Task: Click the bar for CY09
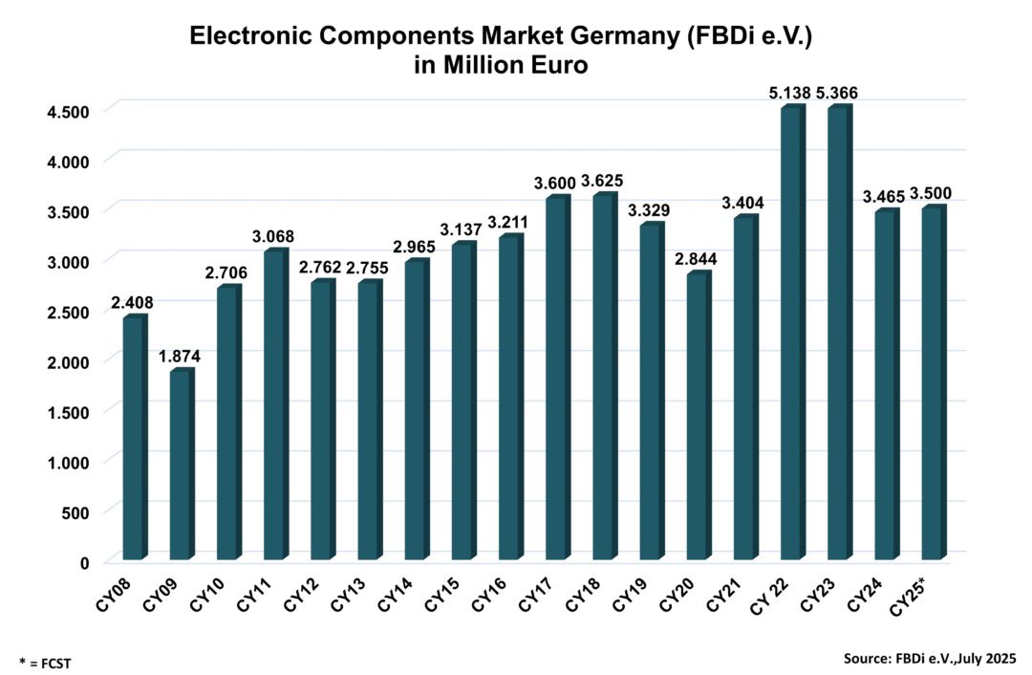pos(180,465)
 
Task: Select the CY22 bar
pos(791,334)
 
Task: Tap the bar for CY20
pos(698,416)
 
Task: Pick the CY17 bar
pos(556,379)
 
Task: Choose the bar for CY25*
pos(933,383)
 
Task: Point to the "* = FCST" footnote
pos(45,662)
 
